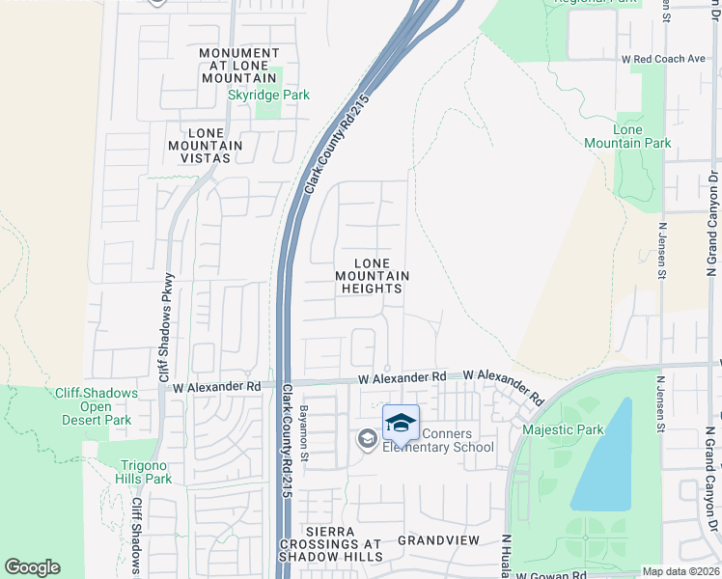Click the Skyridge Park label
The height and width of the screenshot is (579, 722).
point(254,96)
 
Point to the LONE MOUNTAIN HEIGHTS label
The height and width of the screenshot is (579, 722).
point(372,276)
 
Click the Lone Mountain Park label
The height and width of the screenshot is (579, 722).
point(627,136)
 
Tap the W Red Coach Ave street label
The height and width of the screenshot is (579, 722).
point(663,59)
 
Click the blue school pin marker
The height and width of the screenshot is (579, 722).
point(401,423)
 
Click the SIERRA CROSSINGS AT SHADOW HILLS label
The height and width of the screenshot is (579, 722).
point(331,544)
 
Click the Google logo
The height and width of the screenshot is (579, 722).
point(32,567)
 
